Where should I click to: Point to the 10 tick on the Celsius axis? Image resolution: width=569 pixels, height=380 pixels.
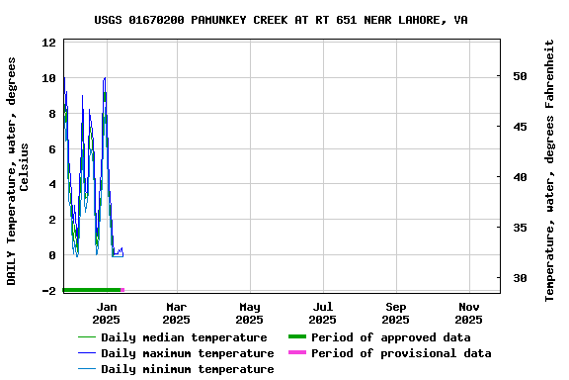point(49,78)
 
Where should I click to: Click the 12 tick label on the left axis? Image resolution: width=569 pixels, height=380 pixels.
point(49,43)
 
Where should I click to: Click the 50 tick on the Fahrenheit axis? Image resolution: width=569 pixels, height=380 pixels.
point(520,76)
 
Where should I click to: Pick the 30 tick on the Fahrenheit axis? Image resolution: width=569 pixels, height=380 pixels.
point(520,278)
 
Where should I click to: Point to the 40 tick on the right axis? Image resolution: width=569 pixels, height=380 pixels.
point(520,177)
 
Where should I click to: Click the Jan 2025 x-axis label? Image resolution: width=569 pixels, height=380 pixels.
point(106,313)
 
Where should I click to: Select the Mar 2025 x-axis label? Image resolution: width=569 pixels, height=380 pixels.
point(176,313)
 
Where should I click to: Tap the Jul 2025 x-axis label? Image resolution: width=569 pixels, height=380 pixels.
point(322,313)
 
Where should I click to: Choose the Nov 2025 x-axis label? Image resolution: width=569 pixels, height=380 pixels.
point(468,313)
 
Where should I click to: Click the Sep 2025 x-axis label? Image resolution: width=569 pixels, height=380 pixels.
point(395,313)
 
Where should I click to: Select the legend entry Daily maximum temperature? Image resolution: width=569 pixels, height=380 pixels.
point(187,353)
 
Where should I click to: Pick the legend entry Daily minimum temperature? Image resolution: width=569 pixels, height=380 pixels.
point(187,369)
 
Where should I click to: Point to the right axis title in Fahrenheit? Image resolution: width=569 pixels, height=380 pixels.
point(550,170)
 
